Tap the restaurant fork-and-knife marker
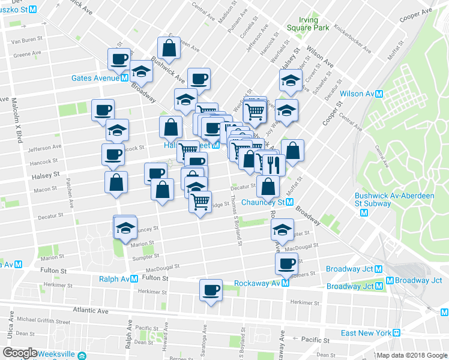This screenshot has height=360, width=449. tap(274, 163)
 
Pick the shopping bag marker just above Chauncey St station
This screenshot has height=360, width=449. tap(268, 186)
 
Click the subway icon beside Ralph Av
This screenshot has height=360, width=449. tap(135, 279)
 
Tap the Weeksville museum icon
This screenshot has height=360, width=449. tap(81, 355)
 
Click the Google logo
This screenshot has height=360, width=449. tap(19, 353)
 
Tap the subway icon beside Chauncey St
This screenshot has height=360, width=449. tap(290, 202)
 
